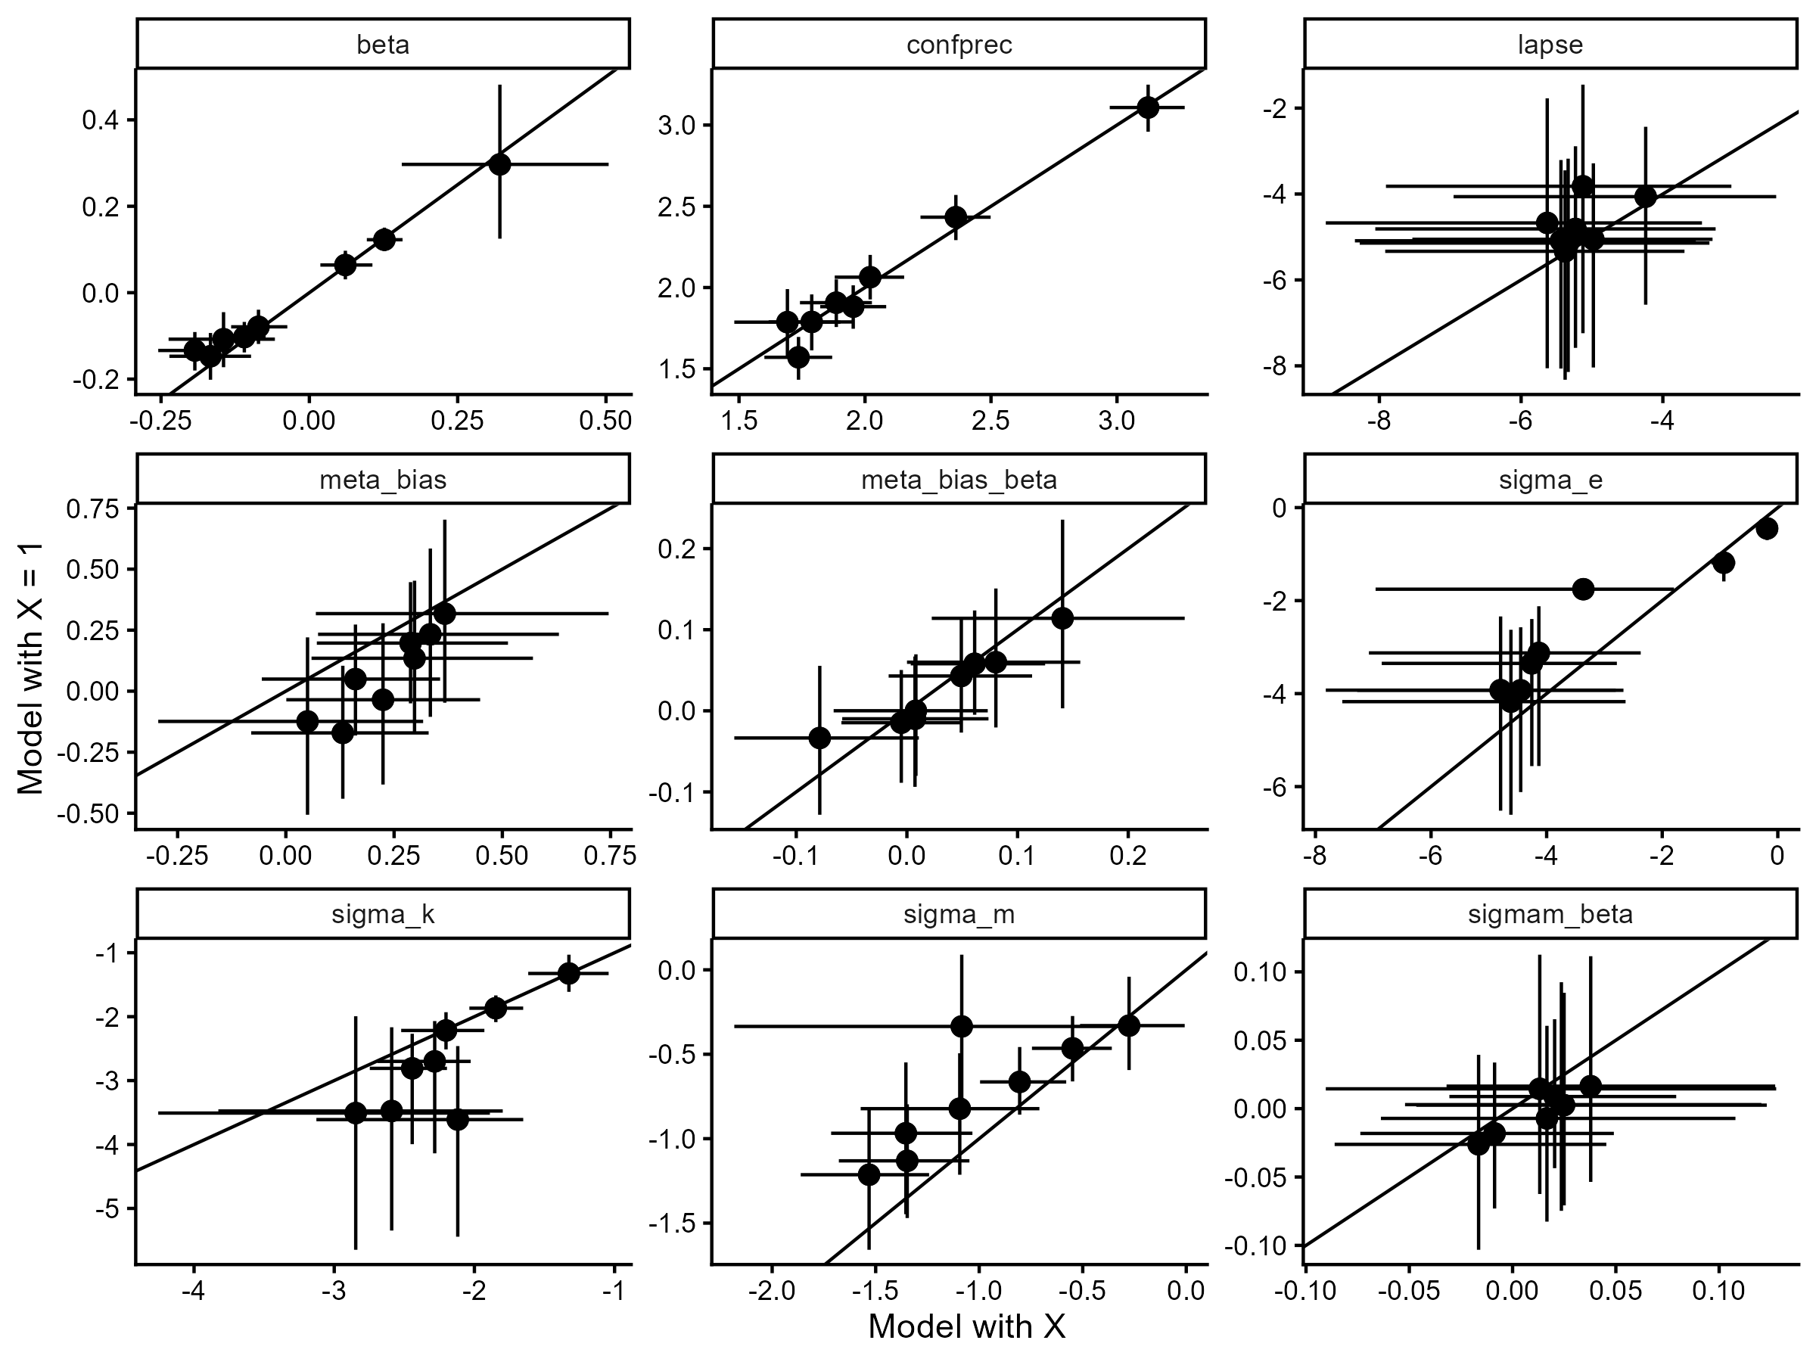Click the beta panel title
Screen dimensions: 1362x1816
[x=383, y=45]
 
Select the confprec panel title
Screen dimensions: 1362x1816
[x=959, y=45]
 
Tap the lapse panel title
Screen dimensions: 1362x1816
[x=1550, y=45]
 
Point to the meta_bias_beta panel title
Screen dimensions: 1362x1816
[x=959, y=480]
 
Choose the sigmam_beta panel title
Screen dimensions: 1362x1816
[x=1550, y=914]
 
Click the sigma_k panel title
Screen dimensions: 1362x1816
[x=383, y=914]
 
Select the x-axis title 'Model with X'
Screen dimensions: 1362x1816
[x=966, y=1326]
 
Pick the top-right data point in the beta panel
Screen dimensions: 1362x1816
[x=499, y=164]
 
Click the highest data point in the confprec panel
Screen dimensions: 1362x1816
[x=1148, y=107]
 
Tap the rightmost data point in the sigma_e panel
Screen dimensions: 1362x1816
[x=1767, y=529]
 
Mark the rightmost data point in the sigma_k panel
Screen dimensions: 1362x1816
[x=568, y=973]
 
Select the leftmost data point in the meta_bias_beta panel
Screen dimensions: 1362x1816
[x=819, y=737]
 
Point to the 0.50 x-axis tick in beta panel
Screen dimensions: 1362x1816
[x=605, y=421]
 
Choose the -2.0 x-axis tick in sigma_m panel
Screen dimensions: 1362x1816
[x=772, y=1290]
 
